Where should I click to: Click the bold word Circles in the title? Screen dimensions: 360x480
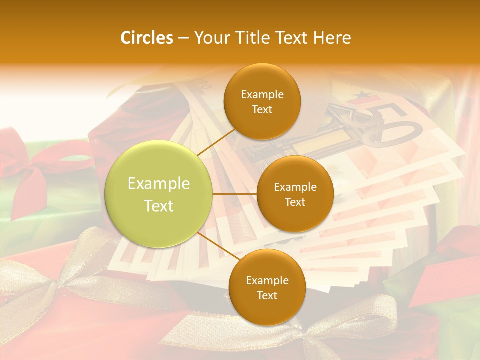pos(146,38)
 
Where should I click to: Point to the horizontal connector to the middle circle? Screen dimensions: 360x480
pos(235,194)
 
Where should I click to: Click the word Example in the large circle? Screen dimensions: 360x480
pos(159,184)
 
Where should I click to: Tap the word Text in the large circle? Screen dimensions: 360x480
pos(159,206)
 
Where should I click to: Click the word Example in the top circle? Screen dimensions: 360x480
pos(262,94)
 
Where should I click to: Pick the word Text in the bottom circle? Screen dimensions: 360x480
pos(267,295)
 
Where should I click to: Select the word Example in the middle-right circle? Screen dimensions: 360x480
pos(295,187)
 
